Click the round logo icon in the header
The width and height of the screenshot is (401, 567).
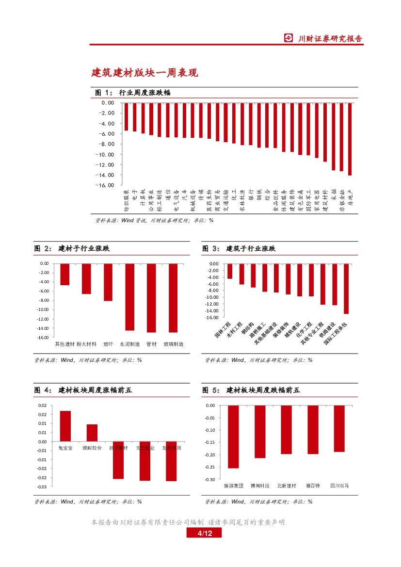[x=289, y=38]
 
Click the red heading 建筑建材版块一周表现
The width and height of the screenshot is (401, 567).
[x=144, y=73]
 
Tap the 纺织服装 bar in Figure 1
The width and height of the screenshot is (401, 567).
[x=126, y=116]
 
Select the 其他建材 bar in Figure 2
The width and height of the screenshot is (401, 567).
[x=64, y=275]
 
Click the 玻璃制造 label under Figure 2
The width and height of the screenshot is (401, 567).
[x=173, y=344]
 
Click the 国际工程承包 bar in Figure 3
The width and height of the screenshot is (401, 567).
[x=346, y=289]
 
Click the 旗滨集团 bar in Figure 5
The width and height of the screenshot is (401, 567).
[x=233, y=437]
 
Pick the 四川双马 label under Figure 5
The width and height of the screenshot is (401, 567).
[x=339, y=486]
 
